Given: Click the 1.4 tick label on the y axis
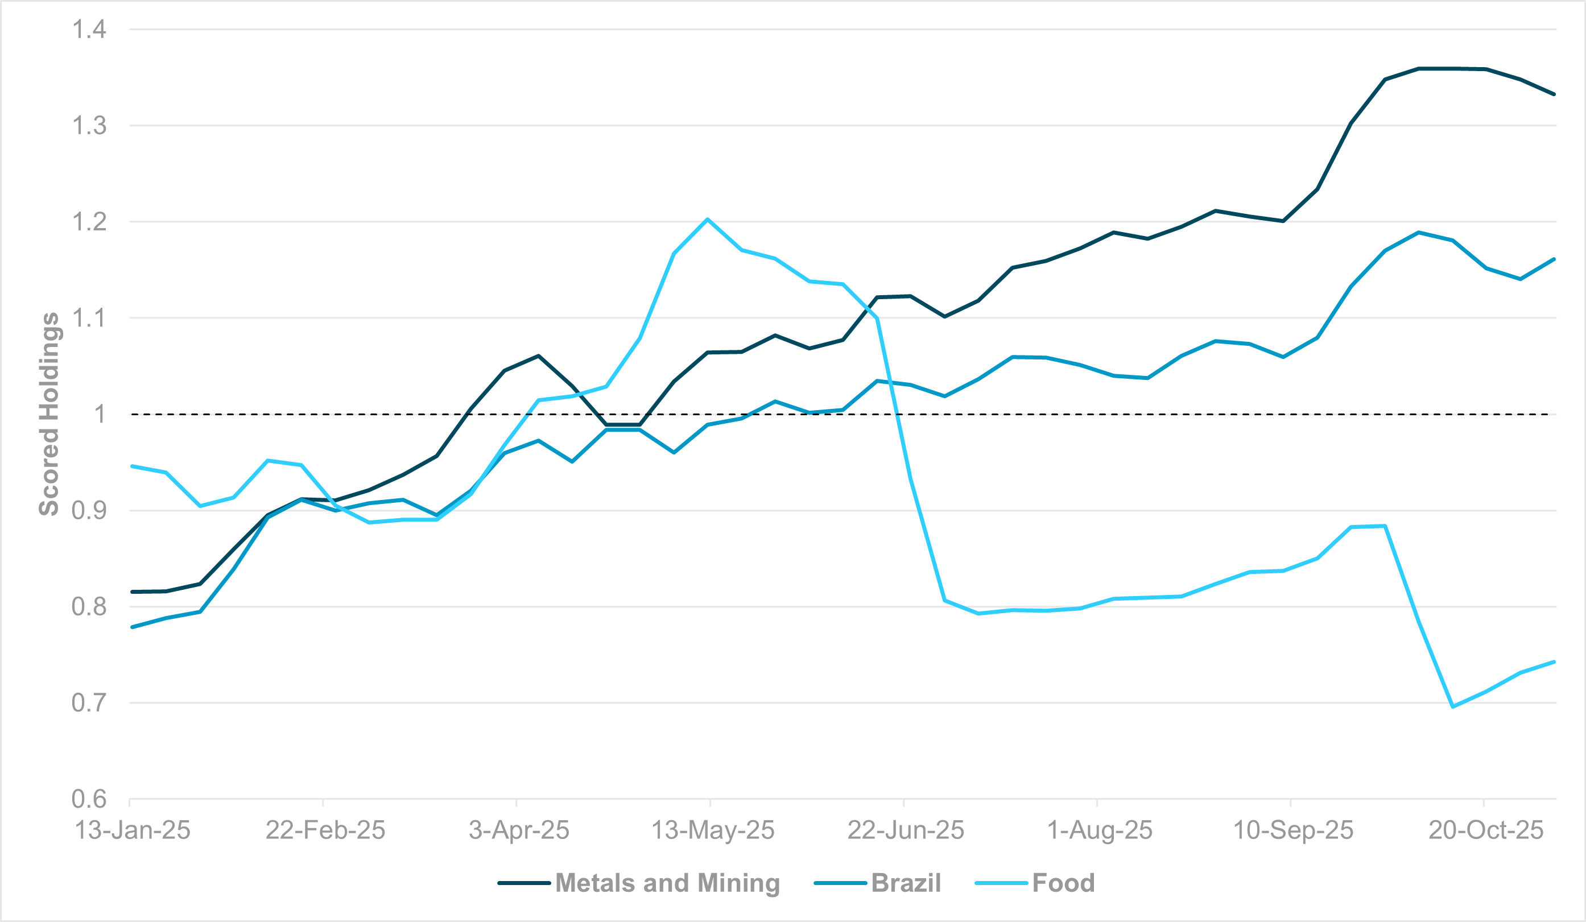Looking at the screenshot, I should (89, 30).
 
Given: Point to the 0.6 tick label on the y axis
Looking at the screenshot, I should (89, 799).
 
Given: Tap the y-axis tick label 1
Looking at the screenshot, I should (100, 414).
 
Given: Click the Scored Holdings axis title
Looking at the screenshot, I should (49, 414).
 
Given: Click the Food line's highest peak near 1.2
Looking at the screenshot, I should (708, 219).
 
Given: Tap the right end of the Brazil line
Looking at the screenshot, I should (1554, 259).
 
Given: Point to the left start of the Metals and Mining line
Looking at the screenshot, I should (132, 592).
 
